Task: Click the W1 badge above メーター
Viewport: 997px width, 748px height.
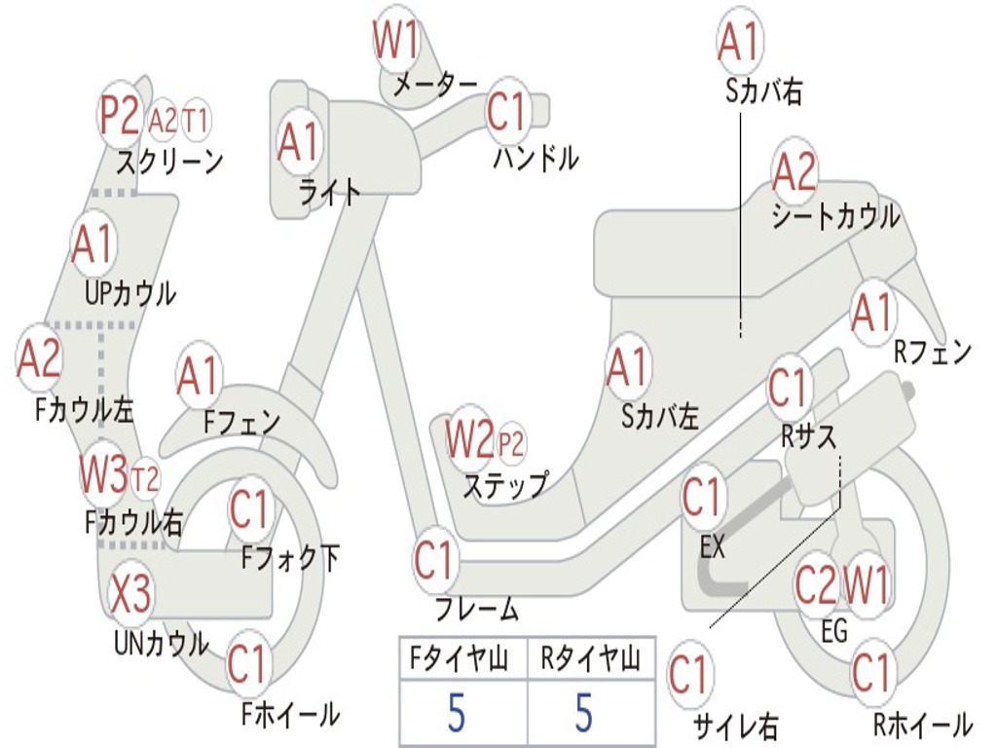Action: tap(396, 40)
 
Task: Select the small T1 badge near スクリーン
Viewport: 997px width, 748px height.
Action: tap(196, 121)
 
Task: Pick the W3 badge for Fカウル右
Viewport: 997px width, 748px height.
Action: tap(103, 474)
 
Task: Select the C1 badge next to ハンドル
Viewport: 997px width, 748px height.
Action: tap(506, 113)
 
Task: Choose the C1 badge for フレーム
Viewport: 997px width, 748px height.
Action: tap(435, 561)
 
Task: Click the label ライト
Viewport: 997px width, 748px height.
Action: tap(329, 192)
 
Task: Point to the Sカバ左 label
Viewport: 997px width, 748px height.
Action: tap(660, 417)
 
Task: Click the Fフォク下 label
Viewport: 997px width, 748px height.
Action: tap(290, 558)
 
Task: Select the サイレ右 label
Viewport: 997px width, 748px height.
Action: tap(734, 725)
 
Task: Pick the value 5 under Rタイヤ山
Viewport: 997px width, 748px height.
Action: tap(583, 713)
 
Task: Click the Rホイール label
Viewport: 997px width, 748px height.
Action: tap(921, 724)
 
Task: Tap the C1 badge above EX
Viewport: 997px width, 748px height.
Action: tap(702, 498)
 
